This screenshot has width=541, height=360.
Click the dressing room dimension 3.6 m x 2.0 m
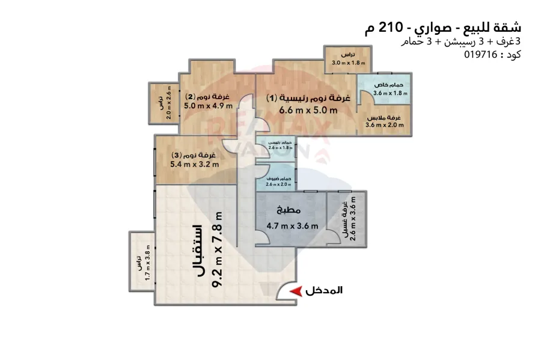pos(385,126)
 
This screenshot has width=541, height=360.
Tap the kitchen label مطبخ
pos(289,210)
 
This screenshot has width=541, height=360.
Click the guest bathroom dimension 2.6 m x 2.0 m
pos(279,185)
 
